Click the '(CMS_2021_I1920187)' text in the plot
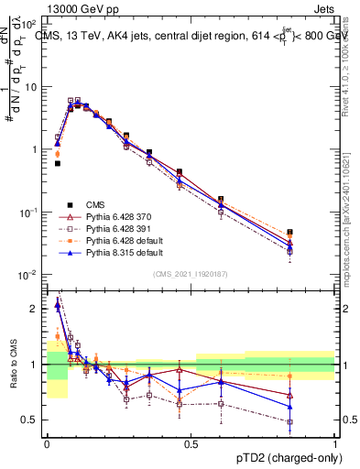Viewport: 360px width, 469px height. click(x=191, y=273)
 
